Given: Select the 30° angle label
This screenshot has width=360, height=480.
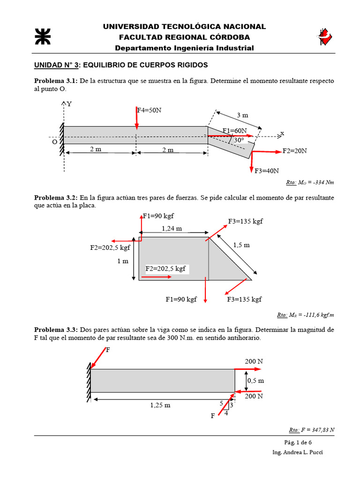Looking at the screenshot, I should [x=239, y=140].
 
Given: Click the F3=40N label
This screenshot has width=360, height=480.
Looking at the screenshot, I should [x=267, y=171].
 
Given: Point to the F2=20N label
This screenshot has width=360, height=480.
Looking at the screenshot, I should [x=295, y=151].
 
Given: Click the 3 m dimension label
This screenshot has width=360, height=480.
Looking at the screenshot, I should [x=242, y=115].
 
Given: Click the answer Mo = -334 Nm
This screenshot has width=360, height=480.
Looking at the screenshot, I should [x=310, y=183].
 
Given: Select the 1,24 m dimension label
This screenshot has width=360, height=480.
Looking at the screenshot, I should [x=172, y=228].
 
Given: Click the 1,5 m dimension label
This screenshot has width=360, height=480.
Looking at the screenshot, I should [x=241, y=245].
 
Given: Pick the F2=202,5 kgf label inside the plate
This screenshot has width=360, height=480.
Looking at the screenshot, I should [x=166, y=269].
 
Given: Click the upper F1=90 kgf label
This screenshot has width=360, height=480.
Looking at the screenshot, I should [x=158, y=216].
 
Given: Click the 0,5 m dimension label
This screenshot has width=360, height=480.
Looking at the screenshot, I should [x=255, y=381].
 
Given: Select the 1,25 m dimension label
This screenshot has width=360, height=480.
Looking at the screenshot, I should [x=160, y=405].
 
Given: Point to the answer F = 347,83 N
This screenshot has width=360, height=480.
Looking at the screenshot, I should [x=311, y=429].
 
